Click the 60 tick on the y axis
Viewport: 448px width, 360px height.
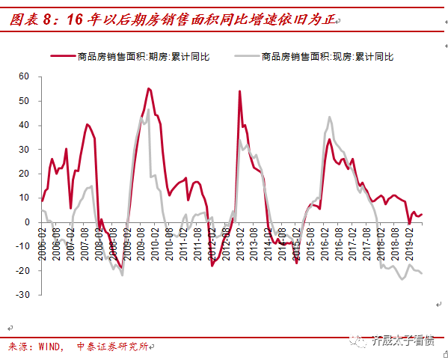23,76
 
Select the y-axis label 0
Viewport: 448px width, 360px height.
26,222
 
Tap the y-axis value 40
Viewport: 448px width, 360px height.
23,125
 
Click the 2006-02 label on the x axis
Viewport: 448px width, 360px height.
43,242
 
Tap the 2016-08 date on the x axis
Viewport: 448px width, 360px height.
340,242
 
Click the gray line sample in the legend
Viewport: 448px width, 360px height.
247,56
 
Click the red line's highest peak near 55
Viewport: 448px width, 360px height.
148,88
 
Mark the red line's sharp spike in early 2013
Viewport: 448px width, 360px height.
239,91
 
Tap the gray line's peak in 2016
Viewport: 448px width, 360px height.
330,117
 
